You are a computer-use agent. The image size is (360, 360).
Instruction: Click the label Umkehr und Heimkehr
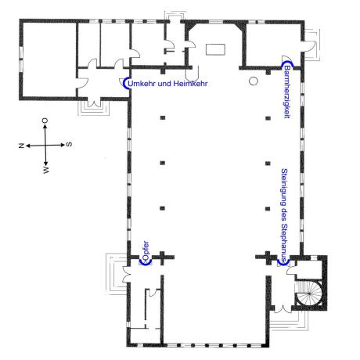point(167,84)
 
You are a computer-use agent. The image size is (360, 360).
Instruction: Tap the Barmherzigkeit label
point(287,92)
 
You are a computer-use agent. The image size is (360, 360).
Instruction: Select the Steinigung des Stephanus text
point(284,214)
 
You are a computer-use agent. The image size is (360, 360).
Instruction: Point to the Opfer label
point(146,250)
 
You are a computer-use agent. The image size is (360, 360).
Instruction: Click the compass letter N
point(21,146)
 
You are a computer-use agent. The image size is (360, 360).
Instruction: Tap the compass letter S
point(69,144)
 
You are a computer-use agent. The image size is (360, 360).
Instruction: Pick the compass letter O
point(45,121)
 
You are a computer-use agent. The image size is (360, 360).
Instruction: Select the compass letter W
point(46,170)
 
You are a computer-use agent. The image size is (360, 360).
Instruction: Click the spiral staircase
point(308,293)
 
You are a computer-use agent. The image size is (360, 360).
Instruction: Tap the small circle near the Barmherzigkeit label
point(254,81)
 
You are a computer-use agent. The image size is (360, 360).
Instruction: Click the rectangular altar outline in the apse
point(215,49)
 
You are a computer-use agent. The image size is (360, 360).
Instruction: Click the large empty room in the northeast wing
point(49,59)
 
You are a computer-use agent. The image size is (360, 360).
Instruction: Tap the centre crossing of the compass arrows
point(45,146)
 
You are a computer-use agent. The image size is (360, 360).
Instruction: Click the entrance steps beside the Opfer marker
point(116,273)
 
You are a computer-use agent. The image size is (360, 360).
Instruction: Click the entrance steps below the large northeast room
point(93,108)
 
